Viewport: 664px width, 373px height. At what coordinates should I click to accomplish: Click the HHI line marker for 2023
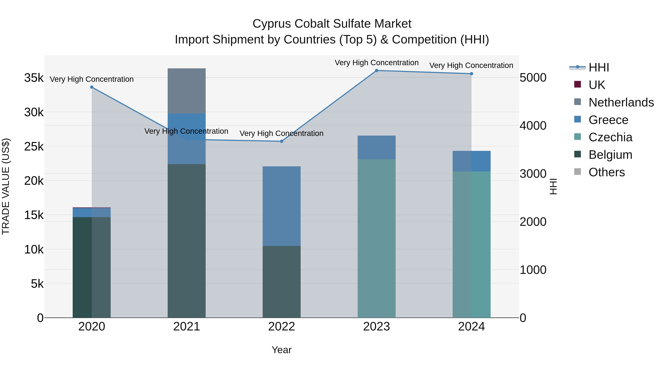pyautogui.click(x=376, y=70)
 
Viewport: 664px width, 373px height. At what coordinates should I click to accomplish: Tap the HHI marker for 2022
pyautogui.click(x=281, y=141)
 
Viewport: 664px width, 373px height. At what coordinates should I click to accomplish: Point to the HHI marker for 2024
pyautogui.click(x=471, y=74)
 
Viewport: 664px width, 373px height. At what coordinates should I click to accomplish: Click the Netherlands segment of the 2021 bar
pyautogui.click(x=187, y=91)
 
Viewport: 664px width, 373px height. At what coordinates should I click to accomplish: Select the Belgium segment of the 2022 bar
pyautogui.click(x=281, y=282)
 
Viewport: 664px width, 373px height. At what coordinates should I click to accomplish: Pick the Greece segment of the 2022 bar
pyautogui.click(x=281, y=206)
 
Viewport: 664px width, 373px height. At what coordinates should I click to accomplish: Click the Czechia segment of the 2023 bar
pyautogui.click(x=376, y=238)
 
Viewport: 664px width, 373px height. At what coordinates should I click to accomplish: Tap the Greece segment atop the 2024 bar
pyautogui.click(x=471, y=161)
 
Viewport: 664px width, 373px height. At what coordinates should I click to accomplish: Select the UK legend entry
pyautogui.click(x=596, y=85)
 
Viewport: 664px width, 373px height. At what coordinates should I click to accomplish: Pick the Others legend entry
pyautogui.click(x=606, y=172)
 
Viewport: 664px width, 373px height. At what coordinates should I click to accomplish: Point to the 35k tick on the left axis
pyautogui.click(x=34, y=78)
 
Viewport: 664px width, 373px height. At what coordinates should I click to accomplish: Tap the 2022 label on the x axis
pyautogui.click(x=281, y=327)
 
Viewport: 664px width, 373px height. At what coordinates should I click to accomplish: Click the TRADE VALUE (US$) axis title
pyautogui.click(x=6, y=186)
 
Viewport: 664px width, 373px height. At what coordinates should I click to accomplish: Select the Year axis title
pyautogui.click(x=281, y=350)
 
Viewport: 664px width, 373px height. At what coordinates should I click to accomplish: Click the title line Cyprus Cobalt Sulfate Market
pyautogui.click(x=332, y=24)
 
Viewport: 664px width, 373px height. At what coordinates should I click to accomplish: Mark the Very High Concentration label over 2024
pyautogui.click(x=471, y=65)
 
